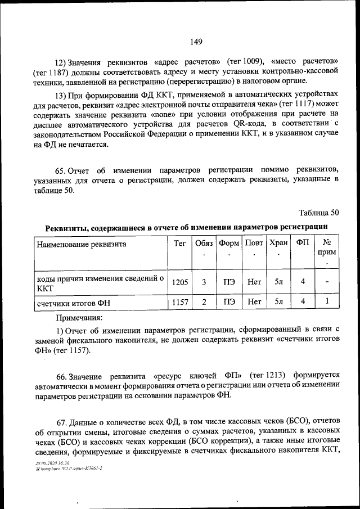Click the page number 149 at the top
pyautogui.click(x=196, y=42)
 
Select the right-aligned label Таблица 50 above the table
pyautogui.click(x=319, y=212)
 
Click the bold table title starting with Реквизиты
pyautogui.click(x=186, y=227)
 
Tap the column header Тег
pyautogui.click(x=180, y=244)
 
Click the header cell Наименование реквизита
pyautogui.click(x=82, y=244)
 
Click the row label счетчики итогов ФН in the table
pyautogui.click(x=74, y=303)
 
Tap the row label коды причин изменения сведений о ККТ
pyautogui.click(x=100, y=282)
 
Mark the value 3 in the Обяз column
pyautogui.click(x=204, y=282)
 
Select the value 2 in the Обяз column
pyautogui.click(x=204, y=302)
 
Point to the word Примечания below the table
pyautogui.click(x=78, y=318)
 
